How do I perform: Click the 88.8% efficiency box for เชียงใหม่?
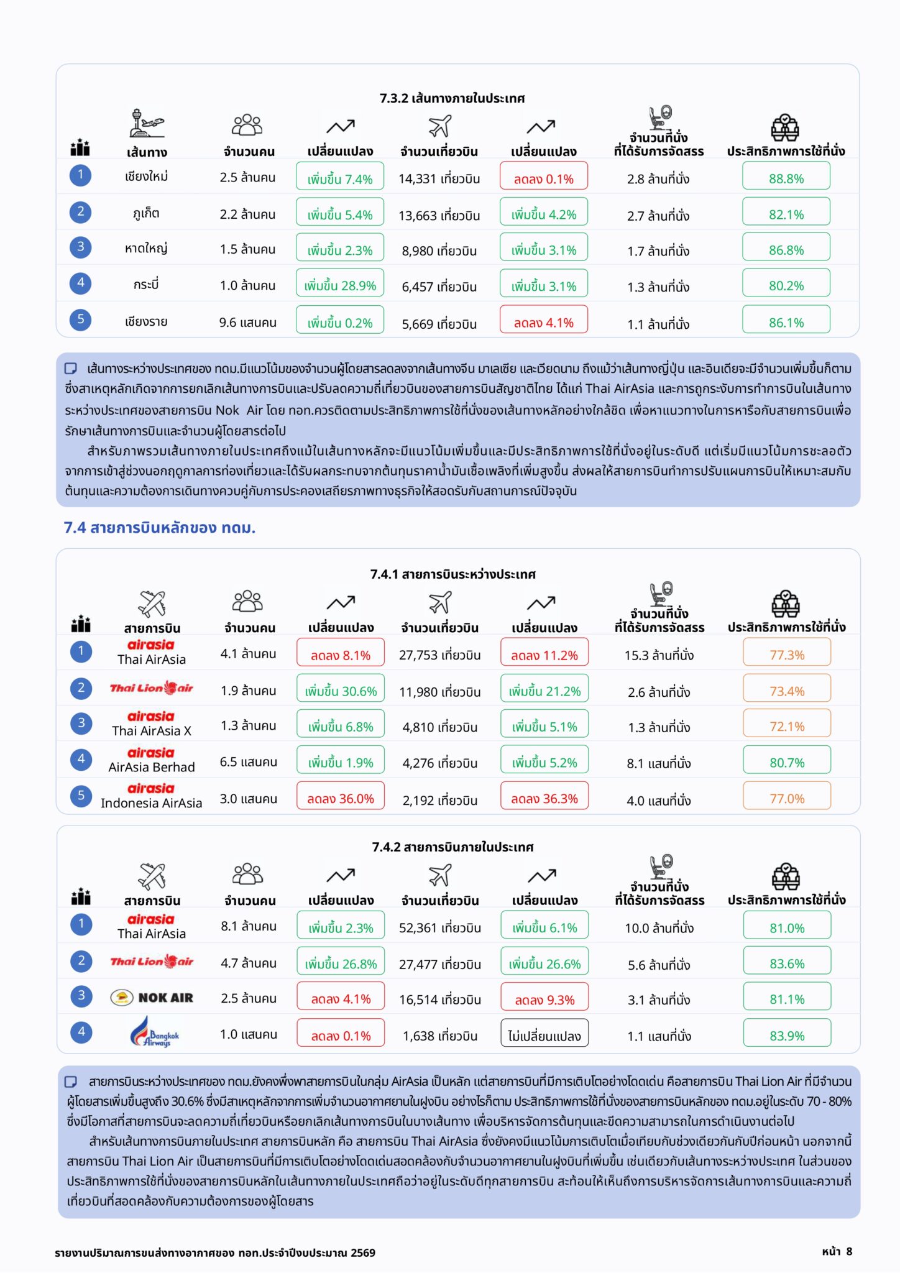click(786, 176)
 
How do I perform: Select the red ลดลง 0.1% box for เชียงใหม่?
click(543, 176)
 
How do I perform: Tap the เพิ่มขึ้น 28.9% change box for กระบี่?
click(340, 283)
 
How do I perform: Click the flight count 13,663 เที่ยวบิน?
click(439, 216)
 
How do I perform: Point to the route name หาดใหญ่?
click(146, 249)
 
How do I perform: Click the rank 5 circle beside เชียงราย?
click(80, 319)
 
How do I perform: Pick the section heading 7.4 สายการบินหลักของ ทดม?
click(160, 528)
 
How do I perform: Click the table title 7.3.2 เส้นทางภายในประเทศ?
click(452, 98)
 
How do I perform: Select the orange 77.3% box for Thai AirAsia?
click(787, 653)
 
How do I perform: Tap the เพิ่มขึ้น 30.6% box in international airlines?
click(341, 689)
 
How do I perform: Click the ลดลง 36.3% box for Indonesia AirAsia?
click(544, 796)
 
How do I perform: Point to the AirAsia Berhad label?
click(152, 767)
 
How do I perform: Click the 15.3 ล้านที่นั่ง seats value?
click(659, 655)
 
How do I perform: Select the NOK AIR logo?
click(152, 998)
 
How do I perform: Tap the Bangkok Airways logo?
click(155, 1032)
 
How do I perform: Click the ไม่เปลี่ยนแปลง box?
click(544, 1033)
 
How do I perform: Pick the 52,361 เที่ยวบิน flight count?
click(439, 928)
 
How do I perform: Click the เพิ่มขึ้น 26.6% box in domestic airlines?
click(544, 962)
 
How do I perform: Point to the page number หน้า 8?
click(837, 1251)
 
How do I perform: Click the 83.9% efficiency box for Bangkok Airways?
click(787, 1033)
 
